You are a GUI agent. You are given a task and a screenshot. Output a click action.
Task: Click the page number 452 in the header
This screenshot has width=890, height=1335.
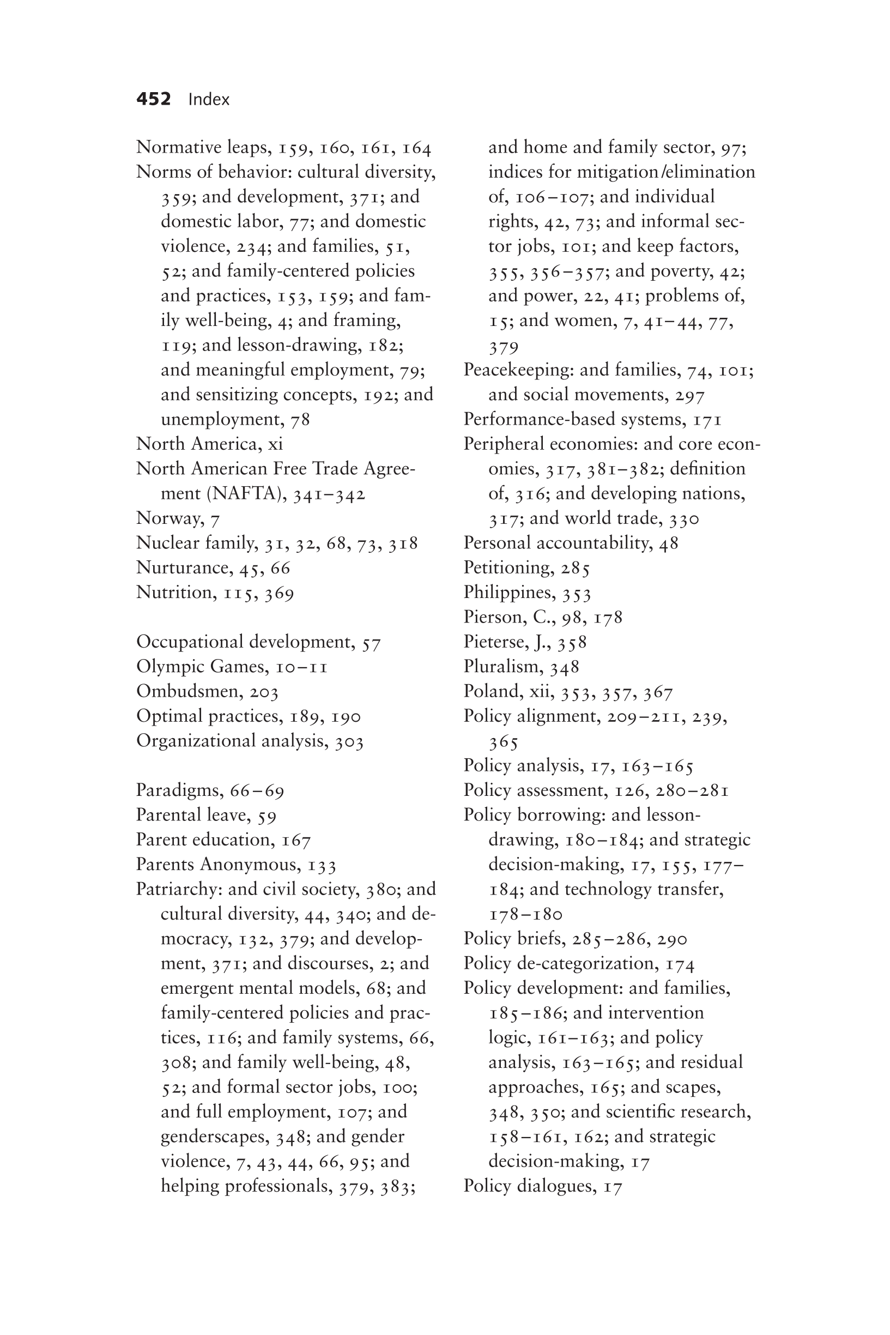[x=153, y=99]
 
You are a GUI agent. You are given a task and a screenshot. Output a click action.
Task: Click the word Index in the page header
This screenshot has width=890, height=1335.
[x=209, y=100]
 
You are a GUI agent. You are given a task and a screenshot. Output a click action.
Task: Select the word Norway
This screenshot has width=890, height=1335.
[x=169, y=519]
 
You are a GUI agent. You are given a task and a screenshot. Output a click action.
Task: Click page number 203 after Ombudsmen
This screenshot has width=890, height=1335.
[x=264, y=692]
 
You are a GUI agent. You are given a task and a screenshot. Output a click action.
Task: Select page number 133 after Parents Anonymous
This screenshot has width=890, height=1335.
[x=322, y=865]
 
